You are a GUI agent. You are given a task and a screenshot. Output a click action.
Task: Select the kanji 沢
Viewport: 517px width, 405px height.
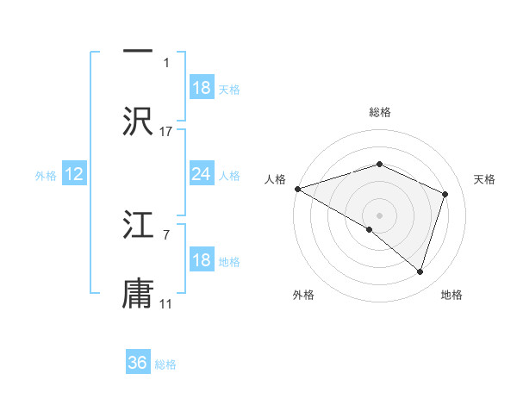pos(138,121)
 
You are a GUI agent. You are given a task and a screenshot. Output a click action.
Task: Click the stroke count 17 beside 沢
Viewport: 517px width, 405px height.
pos(166,132)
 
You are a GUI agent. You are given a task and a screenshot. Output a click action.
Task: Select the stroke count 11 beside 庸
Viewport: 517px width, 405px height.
pos(166,304)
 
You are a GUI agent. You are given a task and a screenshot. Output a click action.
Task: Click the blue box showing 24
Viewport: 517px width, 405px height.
pos(201,174)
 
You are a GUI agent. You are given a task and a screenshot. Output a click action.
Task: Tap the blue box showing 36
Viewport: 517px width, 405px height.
pos(138,363)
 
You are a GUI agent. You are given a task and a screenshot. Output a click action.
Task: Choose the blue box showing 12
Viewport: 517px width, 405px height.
pos(74,174)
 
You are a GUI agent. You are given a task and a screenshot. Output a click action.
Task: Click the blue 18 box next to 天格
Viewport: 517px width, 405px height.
pos(201,88)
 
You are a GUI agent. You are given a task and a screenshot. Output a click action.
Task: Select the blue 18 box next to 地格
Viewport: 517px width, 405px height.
pos(201,260)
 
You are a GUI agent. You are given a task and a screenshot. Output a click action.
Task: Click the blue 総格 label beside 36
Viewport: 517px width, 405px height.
pos(165,364)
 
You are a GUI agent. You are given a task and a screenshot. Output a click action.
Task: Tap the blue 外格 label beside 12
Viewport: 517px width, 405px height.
pos(46,176)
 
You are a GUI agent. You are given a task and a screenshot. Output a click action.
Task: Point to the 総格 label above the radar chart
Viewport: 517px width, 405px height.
pos(379,112)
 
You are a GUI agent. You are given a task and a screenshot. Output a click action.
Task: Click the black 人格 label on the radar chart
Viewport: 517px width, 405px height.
pos(275,179)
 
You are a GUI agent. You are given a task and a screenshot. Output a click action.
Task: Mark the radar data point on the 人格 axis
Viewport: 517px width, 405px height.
pos(297,189)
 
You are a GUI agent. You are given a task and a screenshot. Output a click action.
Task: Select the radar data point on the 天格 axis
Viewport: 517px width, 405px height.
pos(445,194)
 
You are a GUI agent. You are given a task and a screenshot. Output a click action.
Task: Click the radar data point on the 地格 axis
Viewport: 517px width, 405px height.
pos(420,271)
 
